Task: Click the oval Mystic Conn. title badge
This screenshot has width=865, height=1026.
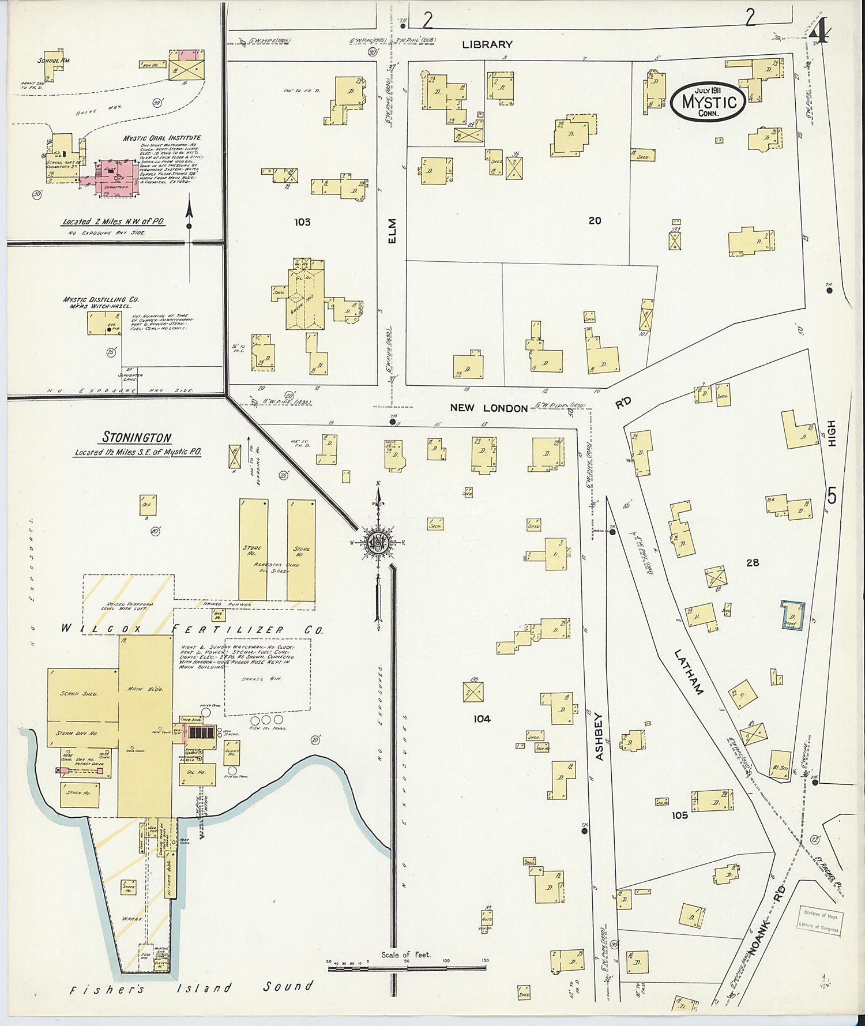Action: [x=708, y=102]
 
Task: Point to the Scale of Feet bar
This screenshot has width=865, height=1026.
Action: [x=407, y=968]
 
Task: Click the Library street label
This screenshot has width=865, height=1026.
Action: [x=487, y=44]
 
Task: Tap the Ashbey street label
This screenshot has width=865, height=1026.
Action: [x=599, y=736]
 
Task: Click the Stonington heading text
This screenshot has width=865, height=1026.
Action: [x=137, y=438]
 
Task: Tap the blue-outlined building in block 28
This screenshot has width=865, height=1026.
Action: [x=792, y=615]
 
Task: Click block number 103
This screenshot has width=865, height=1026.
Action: [x=302, y=222]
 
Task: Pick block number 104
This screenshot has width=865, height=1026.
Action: [x=482, y=719]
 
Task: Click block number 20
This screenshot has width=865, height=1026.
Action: [x=595, y=220]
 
